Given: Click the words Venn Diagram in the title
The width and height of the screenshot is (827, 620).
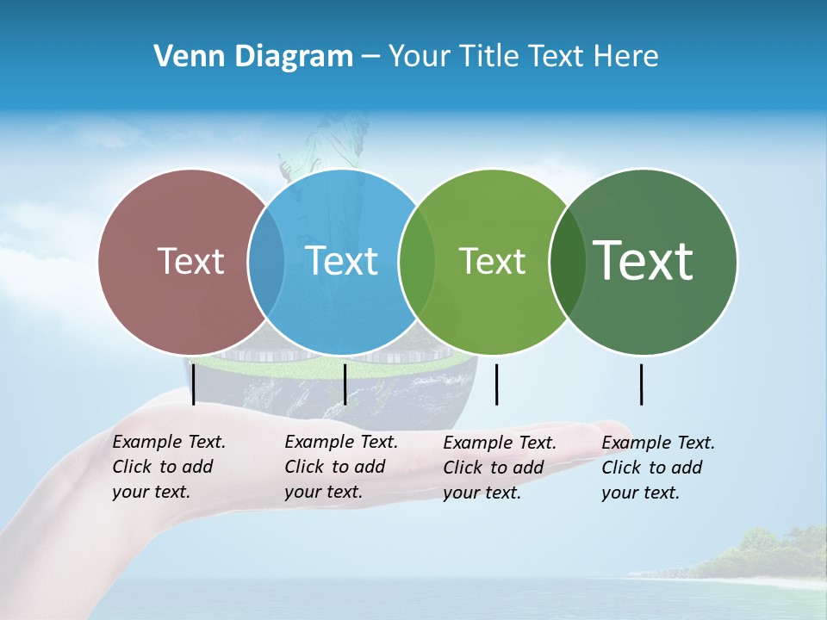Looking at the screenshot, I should [x=253, y=57].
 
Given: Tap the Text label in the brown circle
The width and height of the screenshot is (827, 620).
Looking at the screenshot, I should [x=190, y=261].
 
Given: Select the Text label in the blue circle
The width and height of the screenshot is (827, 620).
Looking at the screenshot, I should [x=342, y=261].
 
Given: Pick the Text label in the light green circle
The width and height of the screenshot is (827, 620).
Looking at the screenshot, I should [x=492, y=261].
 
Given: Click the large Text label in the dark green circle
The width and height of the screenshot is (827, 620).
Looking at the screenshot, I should [x=644, y=260].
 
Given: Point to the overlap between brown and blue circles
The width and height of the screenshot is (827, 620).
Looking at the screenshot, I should [x=266, y=261].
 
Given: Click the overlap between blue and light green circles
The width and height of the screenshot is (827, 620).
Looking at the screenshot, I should [x=417, y=261].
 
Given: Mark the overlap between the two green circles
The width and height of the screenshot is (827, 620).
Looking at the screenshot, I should [x=567, y=261].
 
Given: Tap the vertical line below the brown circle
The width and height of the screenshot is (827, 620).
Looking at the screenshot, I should [x=194, y=384].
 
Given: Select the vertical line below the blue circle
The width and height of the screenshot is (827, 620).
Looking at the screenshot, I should [x=345, y=384].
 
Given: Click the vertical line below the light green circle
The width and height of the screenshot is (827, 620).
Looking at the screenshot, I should [x=496, y=384].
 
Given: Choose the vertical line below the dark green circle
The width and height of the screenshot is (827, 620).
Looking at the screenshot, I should [x=641, y=384].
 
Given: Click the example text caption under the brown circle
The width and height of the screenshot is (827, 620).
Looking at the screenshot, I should [x=169, y=467].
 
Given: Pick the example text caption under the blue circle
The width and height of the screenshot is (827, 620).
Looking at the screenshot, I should [x=341, y=467].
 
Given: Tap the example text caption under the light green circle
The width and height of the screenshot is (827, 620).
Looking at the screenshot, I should [x=500, y=468].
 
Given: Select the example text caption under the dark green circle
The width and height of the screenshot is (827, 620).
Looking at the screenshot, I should [x=658, y=468].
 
